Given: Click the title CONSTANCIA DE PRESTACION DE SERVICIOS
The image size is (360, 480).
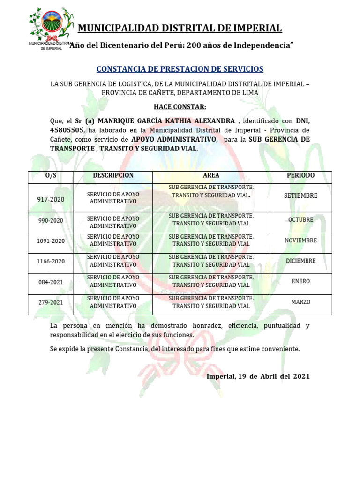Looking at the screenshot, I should pos(180,69).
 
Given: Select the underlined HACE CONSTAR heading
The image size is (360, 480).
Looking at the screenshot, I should pos(180,107).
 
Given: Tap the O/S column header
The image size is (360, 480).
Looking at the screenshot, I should pos(51,175).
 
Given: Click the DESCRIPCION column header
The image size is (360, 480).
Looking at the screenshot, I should pos(113,175).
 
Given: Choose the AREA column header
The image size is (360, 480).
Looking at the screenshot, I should pos(211,175).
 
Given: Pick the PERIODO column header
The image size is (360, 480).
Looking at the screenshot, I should pos(300,175).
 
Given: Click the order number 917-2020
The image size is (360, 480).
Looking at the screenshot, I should pos(51,199).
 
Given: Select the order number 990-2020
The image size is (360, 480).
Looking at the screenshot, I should pos(51,220).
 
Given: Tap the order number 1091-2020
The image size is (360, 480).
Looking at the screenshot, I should pos(51,241).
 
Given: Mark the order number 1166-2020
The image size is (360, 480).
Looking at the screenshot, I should pos(51,262).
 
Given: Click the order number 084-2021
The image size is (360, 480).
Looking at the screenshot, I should pos(51,282).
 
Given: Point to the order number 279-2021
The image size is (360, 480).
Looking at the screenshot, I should pos(51,303).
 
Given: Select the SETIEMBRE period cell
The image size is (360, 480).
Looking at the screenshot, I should pos(300,195).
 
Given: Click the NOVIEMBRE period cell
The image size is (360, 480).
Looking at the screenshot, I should pos(300,240).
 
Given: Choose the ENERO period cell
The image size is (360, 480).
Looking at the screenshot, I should pos(300,281).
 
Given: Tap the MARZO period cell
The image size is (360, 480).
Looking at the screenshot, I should pos(300,302).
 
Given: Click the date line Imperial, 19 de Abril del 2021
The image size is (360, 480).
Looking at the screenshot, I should pos(258,376).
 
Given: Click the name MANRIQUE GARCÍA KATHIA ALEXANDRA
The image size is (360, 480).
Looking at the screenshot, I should pos(166,120).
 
